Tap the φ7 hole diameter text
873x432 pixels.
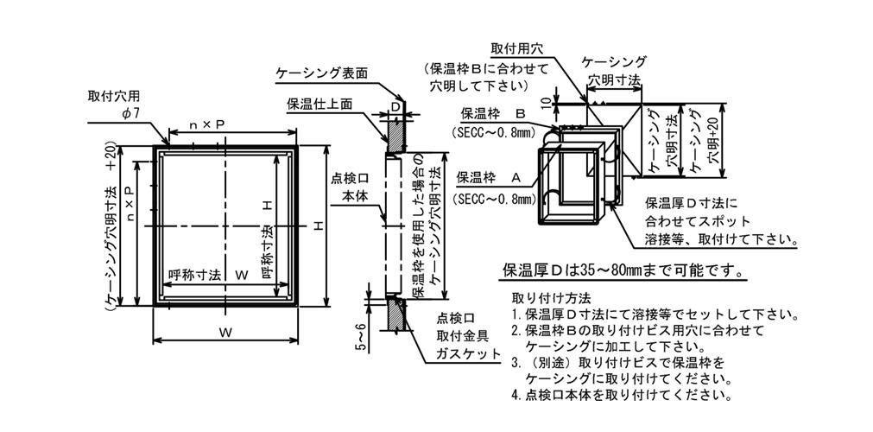point(130,113)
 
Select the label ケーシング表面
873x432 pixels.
point(323,73)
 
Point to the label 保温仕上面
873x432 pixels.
point(320,104)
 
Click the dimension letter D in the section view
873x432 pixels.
point(395,106)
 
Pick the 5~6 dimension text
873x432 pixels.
point(360,336)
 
